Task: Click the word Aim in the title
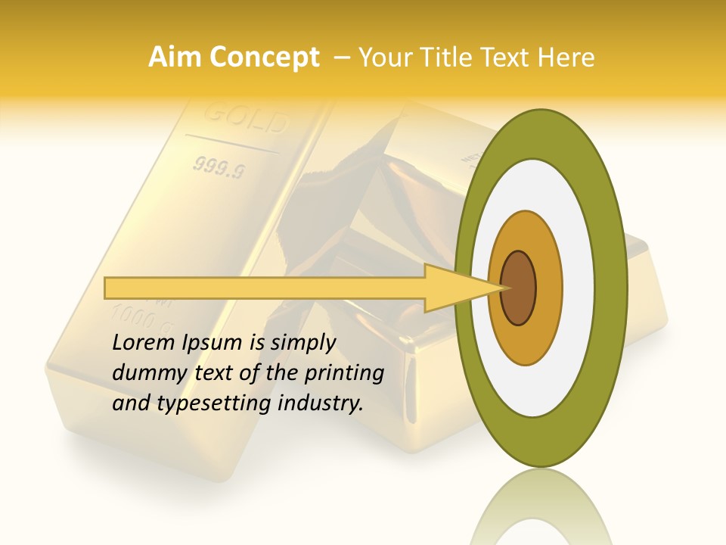175,58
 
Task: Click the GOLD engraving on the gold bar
245,119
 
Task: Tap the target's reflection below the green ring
541,507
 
